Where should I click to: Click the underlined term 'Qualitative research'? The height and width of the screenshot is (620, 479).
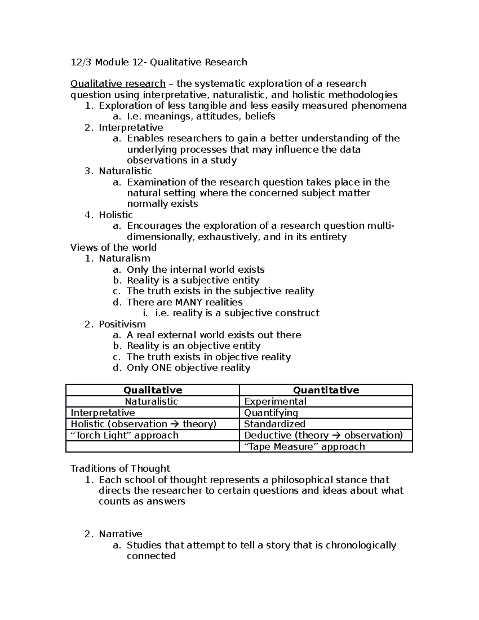pos(118,84)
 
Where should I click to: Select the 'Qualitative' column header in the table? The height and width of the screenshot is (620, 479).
pos(152,390)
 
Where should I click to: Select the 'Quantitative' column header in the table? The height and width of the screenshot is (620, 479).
pos(326,390)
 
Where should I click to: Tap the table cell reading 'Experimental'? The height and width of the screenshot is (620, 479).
pos(275,401)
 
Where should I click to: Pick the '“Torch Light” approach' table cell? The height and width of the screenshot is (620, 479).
pos(125,435)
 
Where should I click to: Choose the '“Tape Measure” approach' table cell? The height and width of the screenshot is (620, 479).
pos(304,446)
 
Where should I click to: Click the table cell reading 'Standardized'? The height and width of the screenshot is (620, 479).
pos(274,424)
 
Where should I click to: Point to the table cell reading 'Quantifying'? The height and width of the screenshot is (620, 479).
pos(271,412)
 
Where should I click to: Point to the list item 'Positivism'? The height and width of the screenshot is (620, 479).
pos(122,324)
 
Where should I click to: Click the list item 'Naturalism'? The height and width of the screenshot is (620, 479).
pos(124,258)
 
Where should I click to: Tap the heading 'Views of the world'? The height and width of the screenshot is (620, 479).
pos(113,248)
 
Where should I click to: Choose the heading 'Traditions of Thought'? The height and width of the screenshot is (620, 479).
pos(120,468)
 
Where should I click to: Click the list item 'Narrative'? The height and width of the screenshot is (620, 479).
pos(120,534)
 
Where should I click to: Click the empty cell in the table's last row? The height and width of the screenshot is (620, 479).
pos(152,446)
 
